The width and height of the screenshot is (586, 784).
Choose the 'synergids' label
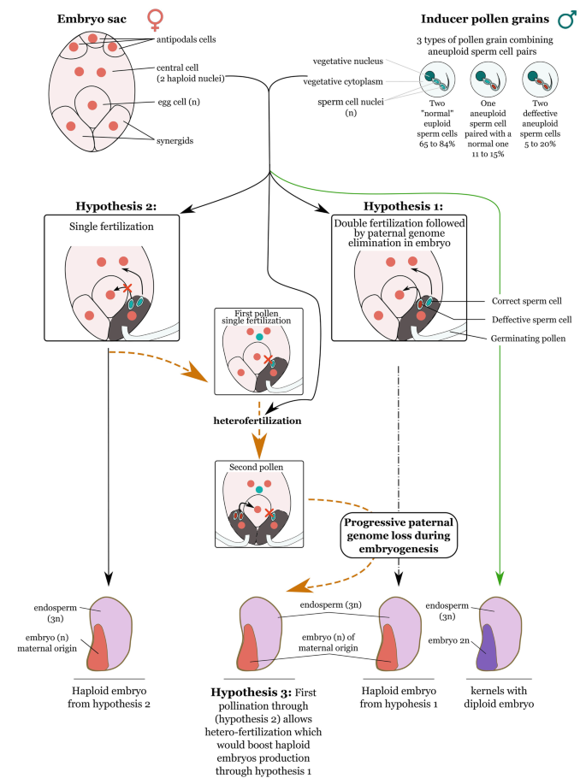tap(176, 141)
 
